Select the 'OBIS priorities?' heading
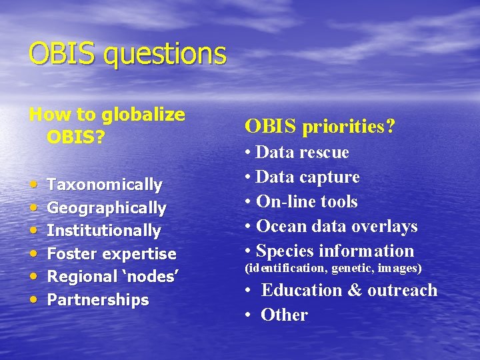[320, 125]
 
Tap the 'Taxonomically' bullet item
[105, 185]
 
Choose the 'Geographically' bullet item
[107, 208]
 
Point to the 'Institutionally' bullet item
[104, 231]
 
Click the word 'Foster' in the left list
[71, 254]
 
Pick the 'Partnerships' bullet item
[98, 300]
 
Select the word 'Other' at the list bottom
[284, 315]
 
